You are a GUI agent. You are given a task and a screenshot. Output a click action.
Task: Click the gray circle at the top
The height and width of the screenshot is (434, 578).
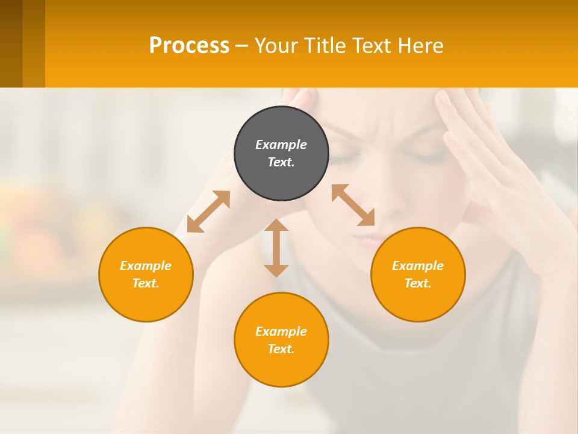[281, 153]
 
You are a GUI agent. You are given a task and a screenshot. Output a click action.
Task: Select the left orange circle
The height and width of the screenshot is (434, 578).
[146, 274]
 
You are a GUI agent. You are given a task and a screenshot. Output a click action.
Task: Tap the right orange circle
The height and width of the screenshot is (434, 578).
[418, 274]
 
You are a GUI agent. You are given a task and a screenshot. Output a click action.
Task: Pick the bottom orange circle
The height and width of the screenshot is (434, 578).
[281, 340]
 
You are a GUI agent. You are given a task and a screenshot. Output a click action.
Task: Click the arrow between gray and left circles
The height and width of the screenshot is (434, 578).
[208, 212]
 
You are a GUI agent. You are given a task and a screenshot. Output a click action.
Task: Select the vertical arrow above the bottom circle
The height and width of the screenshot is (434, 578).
[276, 248]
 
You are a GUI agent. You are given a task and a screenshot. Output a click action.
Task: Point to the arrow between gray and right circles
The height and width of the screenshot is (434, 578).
[353, 205]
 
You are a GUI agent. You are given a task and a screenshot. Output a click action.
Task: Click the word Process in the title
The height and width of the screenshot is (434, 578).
[189, 45]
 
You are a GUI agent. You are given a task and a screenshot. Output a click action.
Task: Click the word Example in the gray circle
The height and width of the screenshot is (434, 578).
[281, 145]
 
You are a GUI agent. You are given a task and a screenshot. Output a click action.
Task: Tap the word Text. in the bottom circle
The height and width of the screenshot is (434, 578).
[281, 349]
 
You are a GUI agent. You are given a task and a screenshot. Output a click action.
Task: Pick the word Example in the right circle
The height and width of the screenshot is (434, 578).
[418, 266]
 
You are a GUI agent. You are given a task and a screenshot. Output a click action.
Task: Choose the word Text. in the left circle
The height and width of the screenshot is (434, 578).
[146, 283]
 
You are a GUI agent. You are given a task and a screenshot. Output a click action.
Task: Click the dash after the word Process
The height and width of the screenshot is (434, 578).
[241, 46]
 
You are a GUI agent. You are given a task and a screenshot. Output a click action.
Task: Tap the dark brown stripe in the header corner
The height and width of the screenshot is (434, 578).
[11, 43]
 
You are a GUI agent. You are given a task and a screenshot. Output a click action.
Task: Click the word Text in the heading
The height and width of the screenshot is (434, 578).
[372, 45]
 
